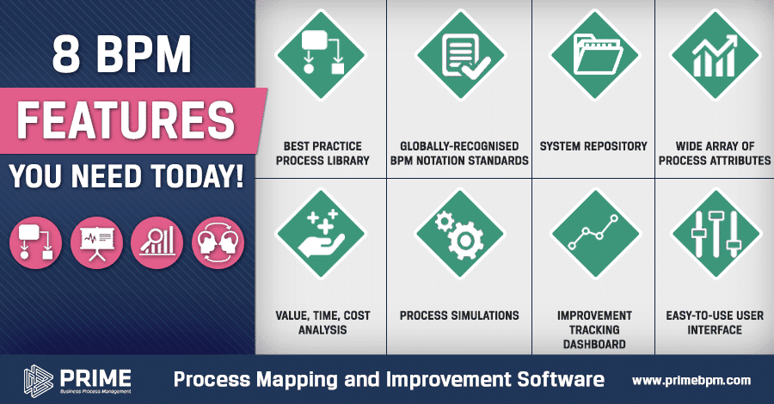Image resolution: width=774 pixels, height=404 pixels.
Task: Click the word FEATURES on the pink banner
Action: pos(126,120)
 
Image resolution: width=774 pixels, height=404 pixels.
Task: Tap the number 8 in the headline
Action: pos(66,54)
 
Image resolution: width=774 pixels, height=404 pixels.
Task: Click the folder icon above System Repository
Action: pos(594,54)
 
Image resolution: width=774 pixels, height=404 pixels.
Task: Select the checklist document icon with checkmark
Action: pos(463,56)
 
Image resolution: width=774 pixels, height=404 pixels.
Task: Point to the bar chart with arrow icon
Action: pos(716,55)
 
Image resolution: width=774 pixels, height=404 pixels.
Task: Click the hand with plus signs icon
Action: pos(322,234)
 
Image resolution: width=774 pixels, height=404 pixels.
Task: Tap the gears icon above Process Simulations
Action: pos(459,235)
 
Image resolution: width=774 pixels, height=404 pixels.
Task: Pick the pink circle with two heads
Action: pos(218,242)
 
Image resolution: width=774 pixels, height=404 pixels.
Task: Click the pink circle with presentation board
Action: pos(96,242)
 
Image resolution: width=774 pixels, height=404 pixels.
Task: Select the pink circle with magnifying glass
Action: pos(157,242)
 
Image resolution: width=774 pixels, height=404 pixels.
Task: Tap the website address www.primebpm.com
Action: pos(691,380)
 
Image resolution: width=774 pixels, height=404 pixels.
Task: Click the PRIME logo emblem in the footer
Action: pos(38,380)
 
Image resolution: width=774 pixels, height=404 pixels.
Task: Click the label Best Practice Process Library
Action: pos(322,153)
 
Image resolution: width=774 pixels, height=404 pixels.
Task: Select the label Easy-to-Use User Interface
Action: pos(715,322)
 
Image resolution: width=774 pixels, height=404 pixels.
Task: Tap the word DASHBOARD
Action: pos(594,344)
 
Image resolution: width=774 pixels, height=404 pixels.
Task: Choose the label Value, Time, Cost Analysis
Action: pos(322,322)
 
